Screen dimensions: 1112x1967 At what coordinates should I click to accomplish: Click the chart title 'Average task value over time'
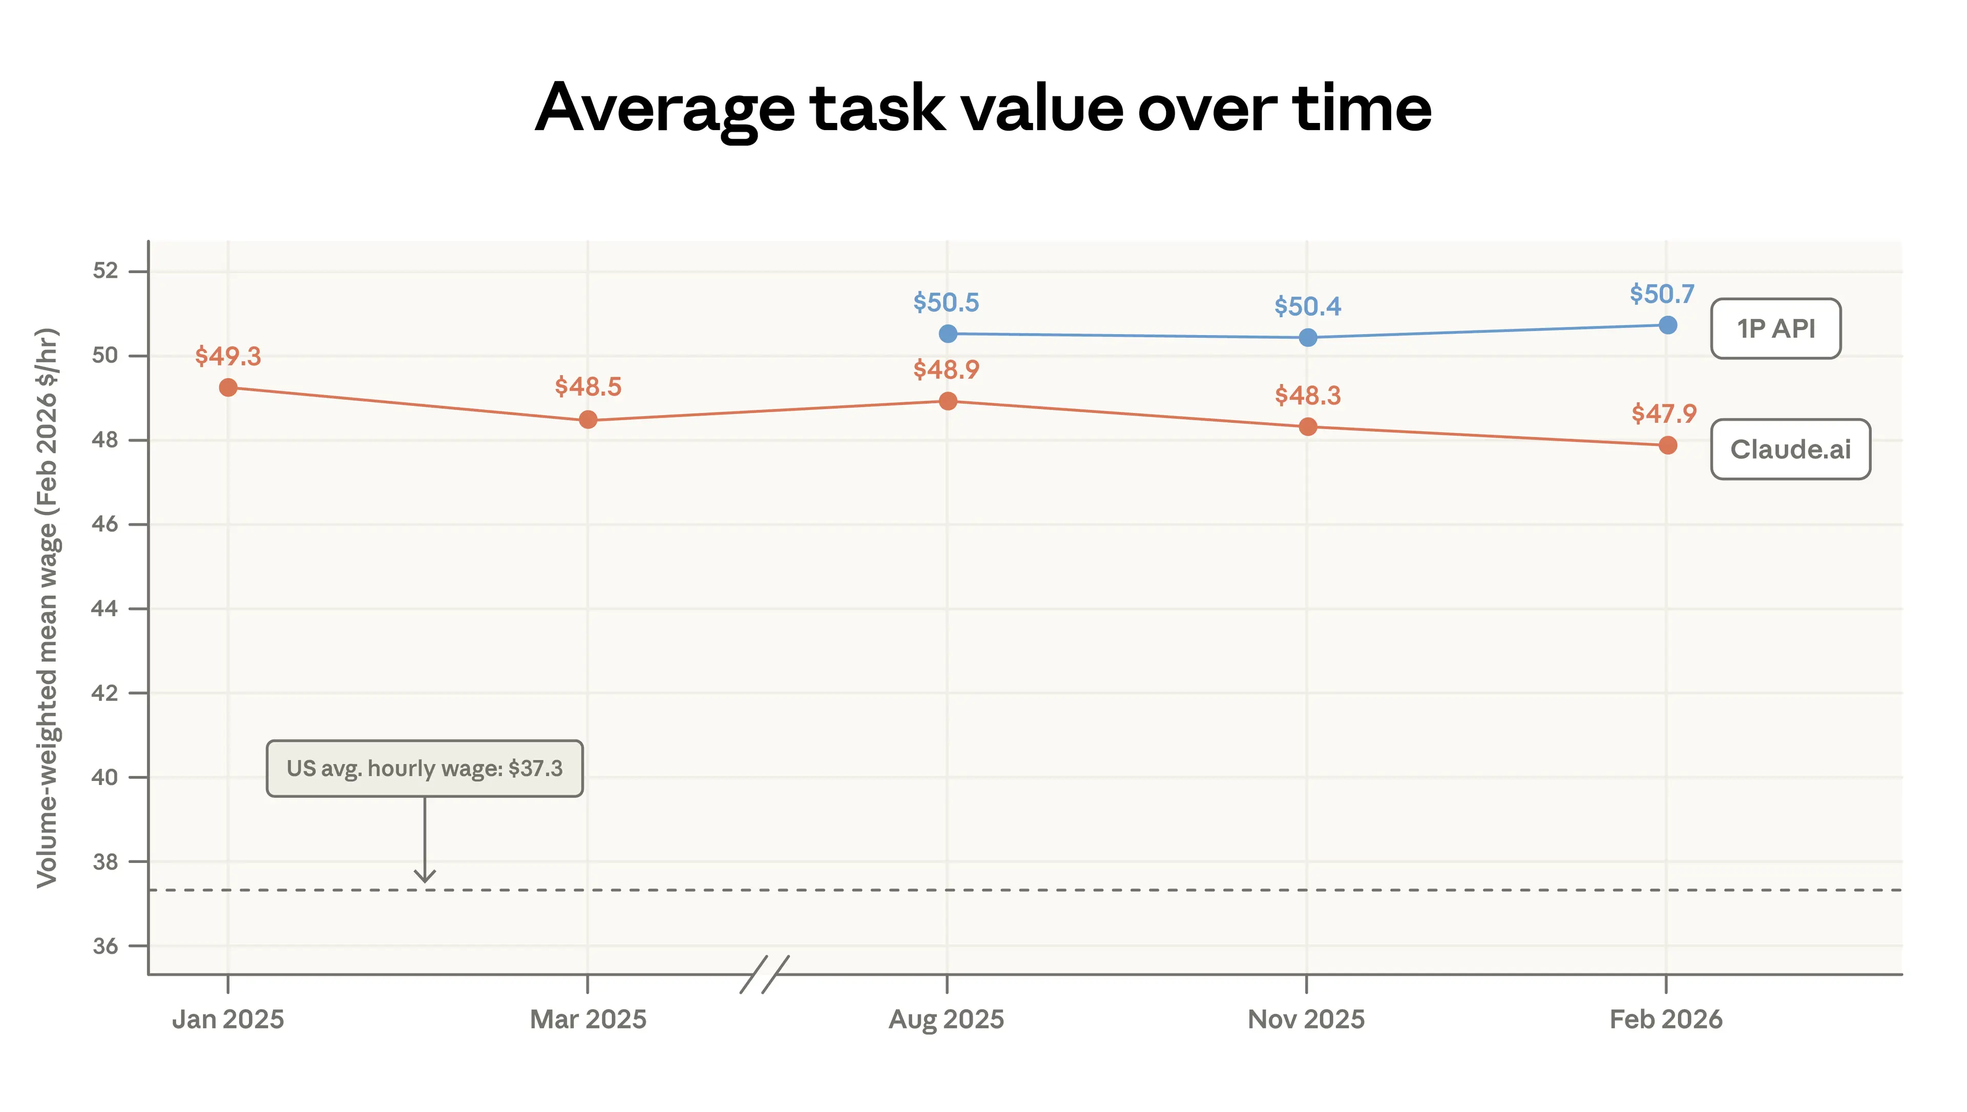[x=983, y=109]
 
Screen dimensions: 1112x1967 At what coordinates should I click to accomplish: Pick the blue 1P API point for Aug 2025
[x=948, y=334]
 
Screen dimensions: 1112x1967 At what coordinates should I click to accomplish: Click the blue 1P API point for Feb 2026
[x=1668, y=325]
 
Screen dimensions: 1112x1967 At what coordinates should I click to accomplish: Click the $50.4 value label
[x=1307, y=307]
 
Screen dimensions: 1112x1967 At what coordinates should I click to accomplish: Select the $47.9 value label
[x=1664, y=414]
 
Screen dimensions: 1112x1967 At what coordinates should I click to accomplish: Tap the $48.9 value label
[x=946, y=369]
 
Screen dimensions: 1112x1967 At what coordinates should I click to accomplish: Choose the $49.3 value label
[x=227, y=356]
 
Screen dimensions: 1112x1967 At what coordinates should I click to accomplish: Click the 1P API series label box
[x=1775, y=328]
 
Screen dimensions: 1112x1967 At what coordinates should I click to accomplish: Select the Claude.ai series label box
[x=1790, y=449]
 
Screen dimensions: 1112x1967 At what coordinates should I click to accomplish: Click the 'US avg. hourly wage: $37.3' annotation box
[x=425, y=768]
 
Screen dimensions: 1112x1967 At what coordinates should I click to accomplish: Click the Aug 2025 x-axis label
[x=946, y=1020]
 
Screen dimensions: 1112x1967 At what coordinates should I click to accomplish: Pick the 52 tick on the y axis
[x=106, y=271]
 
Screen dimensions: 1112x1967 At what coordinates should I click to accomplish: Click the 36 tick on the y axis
[x=106, y=946]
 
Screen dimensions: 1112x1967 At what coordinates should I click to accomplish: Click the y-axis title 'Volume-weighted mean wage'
[x=47, y=607]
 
